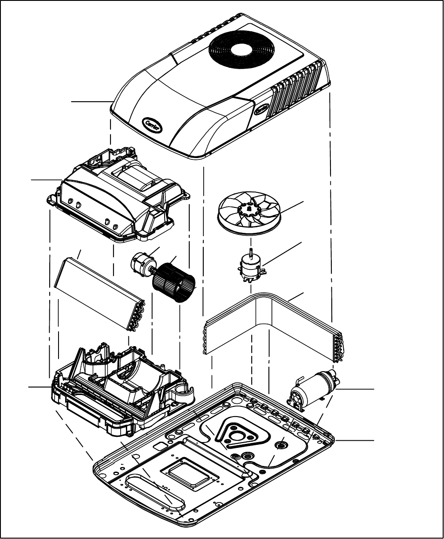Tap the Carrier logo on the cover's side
[263, 109]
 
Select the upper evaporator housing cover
[114, 198]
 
